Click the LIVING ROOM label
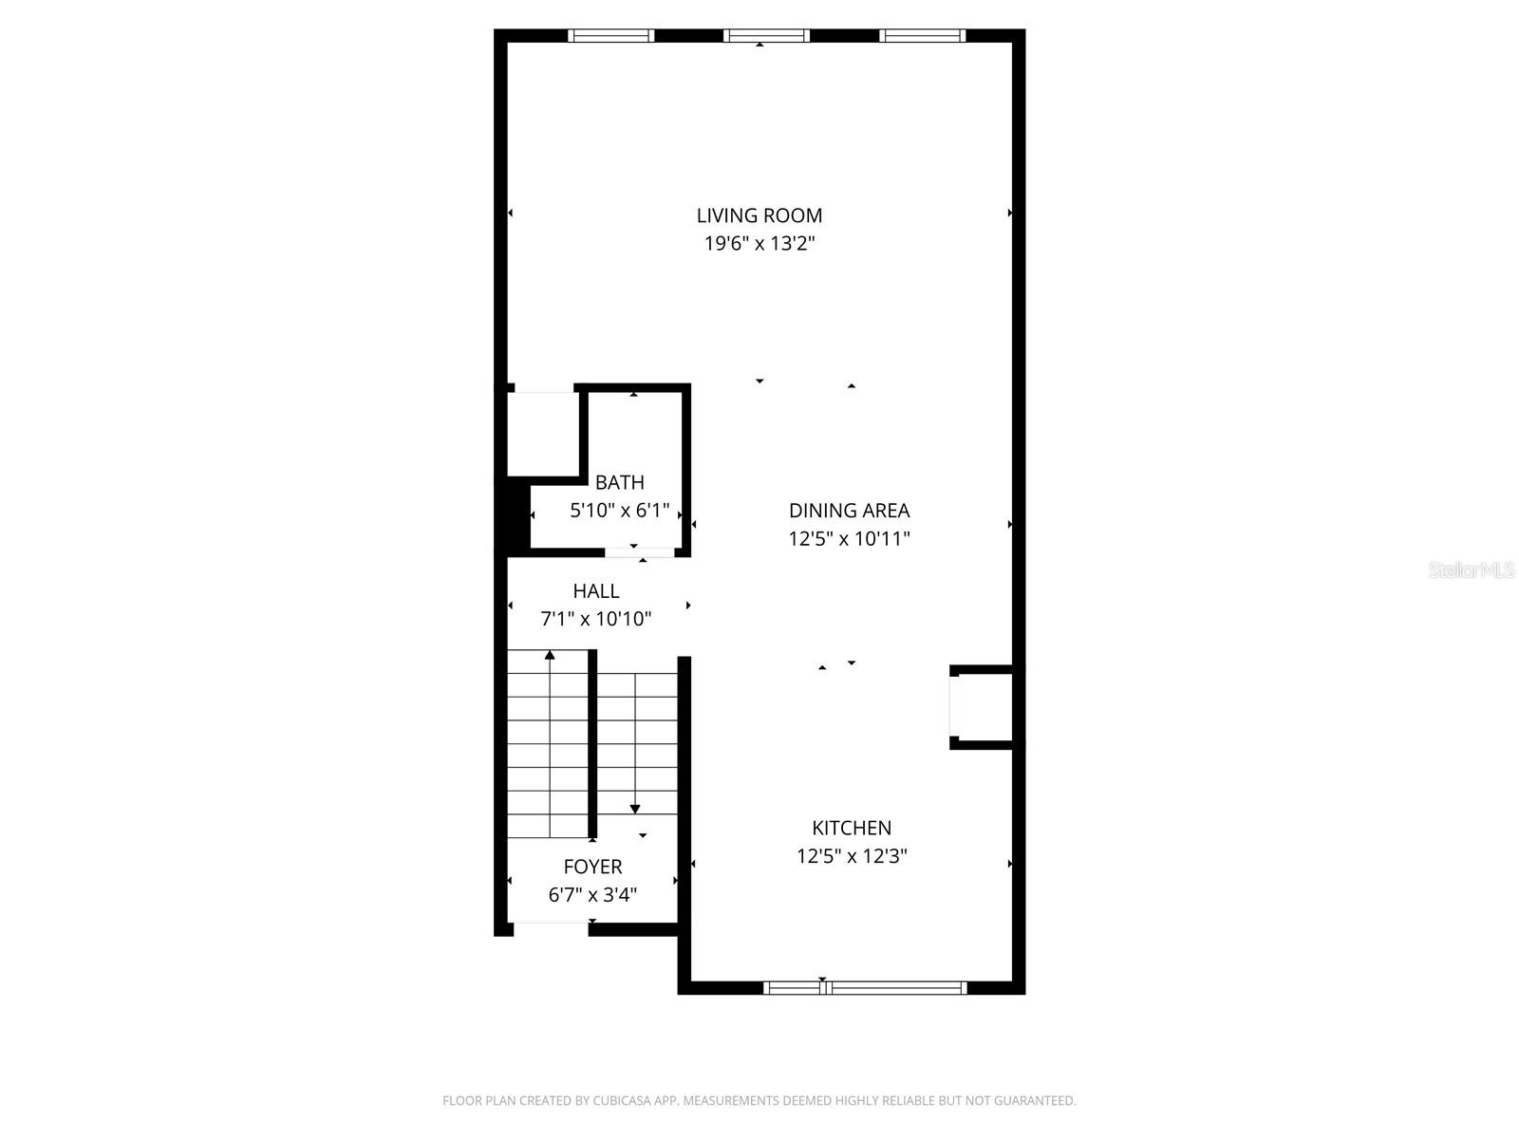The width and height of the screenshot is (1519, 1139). tap(759, 215)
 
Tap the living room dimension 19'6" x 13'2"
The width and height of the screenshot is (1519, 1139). tap(759, 243)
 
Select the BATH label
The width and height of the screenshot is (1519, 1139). tap(619, 482)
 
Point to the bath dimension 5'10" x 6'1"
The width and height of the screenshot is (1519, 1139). tap(619, 511)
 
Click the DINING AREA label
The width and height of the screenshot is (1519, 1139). tap(849, 511)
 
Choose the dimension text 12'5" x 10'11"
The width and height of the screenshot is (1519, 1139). tap(849, 539)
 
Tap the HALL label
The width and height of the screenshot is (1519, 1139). tap(596, 590)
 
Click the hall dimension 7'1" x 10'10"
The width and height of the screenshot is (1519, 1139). tap(596, 618)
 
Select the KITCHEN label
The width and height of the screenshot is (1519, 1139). tap(852, 828)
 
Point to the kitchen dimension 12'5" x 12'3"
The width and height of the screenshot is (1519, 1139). tap(852, 856)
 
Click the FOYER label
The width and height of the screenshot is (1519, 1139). tap(592, 867)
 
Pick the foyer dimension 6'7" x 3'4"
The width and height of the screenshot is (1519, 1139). tap(592, 895)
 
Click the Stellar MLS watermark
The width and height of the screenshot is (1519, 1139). tap(1472, 569)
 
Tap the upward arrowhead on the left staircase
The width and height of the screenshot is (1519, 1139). tap(550, 654)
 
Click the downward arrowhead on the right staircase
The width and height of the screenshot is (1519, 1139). tap(634, 809)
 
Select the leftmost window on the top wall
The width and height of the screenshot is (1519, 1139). tap(611, 35)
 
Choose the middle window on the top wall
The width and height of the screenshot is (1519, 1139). tap(766, 35)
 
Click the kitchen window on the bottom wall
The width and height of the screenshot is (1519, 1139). tap(865, 987)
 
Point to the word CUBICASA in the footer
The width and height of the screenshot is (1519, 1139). tap(619, 1100)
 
